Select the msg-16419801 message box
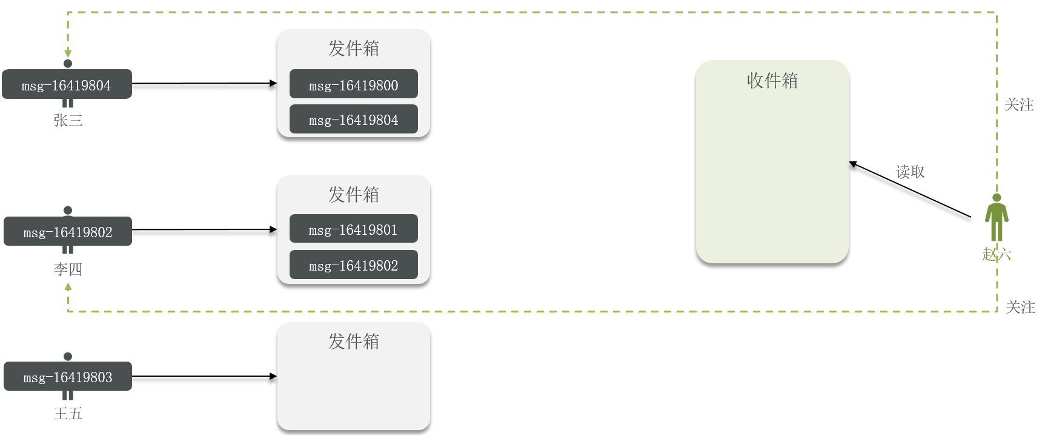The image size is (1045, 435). pos(353,229)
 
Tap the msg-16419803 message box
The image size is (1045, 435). pos(68,377)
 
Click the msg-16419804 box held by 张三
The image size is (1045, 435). pos(67,84)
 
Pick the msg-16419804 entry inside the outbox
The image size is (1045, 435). pos(353,119)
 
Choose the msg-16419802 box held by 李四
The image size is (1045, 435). pos(68,231)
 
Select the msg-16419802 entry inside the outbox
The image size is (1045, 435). pos(353,265)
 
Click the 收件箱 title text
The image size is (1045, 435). pos(772,80)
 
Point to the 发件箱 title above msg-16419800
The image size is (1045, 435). pos(353,48)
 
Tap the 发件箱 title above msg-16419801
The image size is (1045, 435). pos(353,194)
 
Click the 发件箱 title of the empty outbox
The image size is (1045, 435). pos(353,341)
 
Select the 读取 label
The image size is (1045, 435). pos(910,172)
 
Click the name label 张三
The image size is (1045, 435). pos(68,120)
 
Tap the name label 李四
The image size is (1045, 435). pos(68,269)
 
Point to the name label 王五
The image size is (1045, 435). pos(68,413)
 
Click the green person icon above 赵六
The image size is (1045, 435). pos(997,217)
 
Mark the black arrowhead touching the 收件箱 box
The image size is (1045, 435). pos(853,164)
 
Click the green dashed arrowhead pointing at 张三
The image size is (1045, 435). pos(68,53)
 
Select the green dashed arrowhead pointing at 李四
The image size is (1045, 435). pos(68,287)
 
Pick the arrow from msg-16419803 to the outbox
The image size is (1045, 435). pos(204,377)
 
